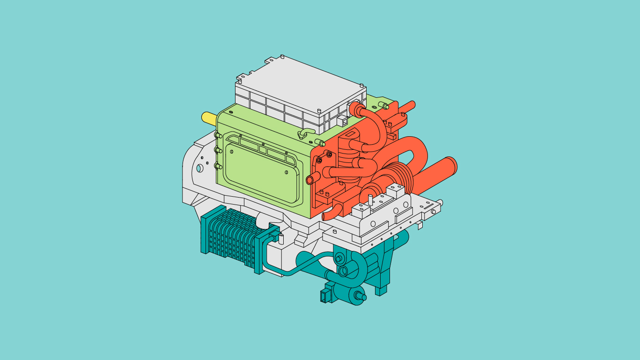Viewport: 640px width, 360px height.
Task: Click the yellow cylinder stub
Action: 207,117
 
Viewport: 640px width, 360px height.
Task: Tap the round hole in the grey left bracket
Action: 200,167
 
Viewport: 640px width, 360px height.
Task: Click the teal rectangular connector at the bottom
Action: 325,296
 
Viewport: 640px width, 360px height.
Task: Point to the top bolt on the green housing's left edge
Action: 218,135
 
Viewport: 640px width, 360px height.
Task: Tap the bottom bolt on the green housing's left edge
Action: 218,166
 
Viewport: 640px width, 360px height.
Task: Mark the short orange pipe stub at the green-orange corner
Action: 312,179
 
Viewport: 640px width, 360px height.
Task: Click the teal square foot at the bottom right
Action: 381,290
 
